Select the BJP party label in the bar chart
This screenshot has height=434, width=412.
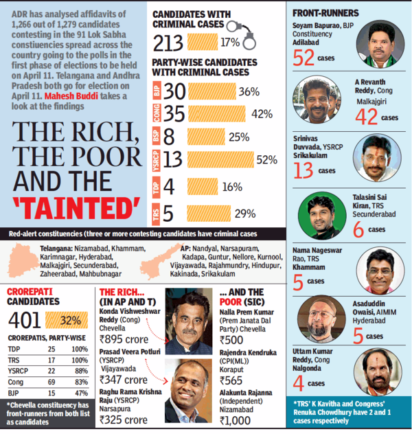[157, 91]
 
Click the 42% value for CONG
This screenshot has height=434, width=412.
[262, 115]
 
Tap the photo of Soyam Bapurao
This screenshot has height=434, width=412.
[381, 43]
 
